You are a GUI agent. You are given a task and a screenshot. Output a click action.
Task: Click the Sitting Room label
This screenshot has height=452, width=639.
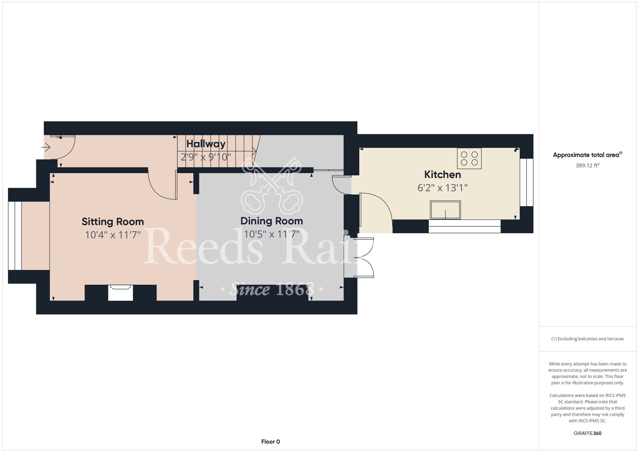[x=113, y=222]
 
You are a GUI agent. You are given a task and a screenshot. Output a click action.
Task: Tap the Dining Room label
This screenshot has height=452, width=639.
[x=272, y=221]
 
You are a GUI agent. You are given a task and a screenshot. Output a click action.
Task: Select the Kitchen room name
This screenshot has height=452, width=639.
[x=443, y=175]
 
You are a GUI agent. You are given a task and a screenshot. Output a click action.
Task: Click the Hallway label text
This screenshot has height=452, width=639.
[x=206, y=144]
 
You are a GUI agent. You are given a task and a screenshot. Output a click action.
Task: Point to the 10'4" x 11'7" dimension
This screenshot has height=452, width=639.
[x=113, y=235]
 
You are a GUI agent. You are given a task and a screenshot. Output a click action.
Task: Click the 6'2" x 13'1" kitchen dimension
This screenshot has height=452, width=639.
[x=443, y=188]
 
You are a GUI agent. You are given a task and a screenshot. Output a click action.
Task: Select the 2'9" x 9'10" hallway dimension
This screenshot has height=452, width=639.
[x=206, y=157]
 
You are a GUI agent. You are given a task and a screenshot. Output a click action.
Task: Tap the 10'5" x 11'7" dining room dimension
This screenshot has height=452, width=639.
[x=272, y=234]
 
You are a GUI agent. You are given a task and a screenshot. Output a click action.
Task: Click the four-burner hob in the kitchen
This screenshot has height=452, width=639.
[x=469, y=159]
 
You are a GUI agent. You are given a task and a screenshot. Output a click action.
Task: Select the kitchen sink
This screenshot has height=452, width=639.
[x=445, y=210]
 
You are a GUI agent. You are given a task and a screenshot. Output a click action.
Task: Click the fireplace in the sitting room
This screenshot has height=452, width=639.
[x=120, y=292]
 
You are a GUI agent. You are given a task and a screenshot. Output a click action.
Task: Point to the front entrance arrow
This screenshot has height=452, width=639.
[x=46, y=147]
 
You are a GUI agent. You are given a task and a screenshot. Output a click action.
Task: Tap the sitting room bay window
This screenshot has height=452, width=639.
[x=15, y=236]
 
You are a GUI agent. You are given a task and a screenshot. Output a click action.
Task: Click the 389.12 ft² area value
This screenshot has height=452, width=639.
[x=588, y=166]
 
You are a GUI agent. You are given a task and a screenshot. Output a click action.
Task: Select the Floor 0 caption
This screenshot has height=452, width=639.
[x=271, y=442]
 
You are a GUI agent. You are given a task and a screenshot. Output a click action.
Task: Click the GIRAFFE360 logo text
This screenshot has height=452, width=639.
[x=588, y=433]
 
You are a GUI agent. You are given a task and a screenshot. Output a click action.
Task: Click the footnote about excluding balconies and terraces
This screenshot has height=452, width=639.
[x=588, y=339]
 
